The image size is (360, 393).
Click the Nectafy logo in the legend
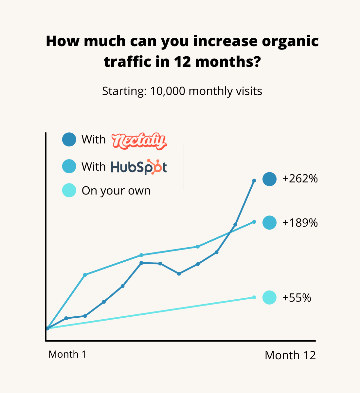point(139,141)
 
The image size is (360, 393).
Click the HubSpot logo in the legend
point(139,167)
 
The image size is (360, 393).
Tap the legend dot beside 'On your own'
point(69,190)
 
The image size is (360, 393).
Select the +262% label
point(300,179)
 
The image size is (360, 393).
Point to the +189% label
point(300,223)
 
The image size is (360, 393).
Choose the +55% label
point(297,298)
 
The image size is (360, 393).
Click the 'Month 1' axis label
point(67,354)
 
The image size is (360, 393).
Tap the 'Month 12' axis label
point(290,355)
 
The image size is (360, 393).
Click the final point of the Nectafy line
point(254,180)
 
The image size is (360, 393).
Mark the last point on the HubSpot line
point(254,222)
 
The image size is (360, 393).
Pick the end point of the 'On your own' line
point(254,297)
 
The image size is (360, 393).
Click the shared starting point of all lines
point(47,328)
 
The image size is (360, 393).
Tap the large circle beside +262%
point(269,179)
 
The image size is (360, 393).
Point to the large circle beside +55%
point(269,297)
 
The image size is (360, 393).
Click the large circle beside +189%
point(269,223)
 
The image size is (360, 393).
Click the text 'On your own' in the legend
point(116,191)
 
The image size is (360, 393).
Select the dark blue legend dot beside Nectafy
point(69,140)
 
